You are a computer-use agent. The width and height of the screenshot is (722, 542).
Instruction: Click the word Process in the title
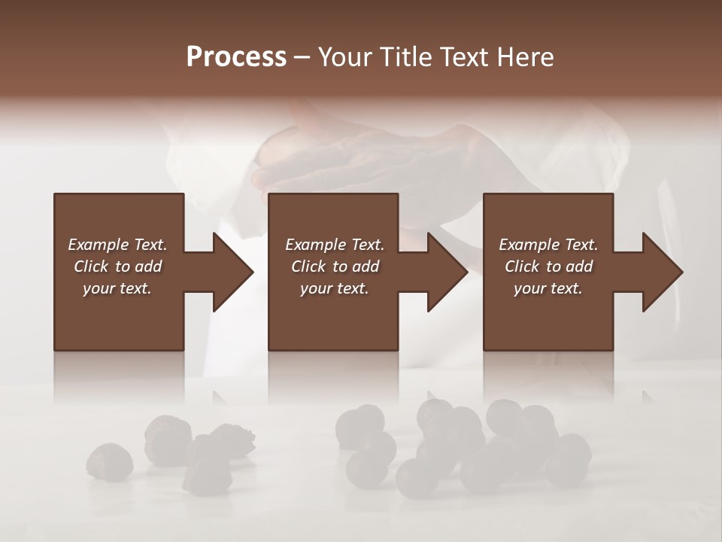(236, 57)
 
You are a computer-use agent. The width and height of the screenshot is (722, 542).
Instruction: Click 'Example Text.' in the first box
(117, 245)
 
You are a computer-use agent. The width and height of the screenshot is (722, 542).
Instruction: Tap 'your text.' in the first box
(117, 288)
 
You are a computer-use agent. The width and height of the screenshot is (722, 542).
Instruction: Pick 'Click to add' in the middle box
(335, 266)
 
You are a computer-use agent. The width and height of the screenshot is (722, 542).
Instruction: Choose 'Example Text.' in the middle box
(335, 245)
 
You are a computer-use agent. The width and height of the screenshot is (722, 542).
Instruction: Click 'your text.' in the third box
(548, 288)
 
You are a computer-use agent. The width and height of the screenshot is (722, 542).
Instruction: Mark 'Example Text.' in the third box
(548, 245)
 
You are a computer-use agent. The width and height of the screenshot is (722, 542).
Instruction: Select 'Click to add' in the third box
(548, 266)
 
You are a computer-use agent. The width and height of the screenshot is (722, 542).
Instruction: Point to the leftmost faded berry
(110, 461)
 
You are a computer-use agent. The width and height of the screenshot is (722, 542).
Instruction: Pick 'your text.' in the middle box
(335, 288)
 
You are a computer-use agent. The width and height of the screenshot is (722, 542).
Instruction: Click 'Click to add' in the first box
(117, 266)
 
